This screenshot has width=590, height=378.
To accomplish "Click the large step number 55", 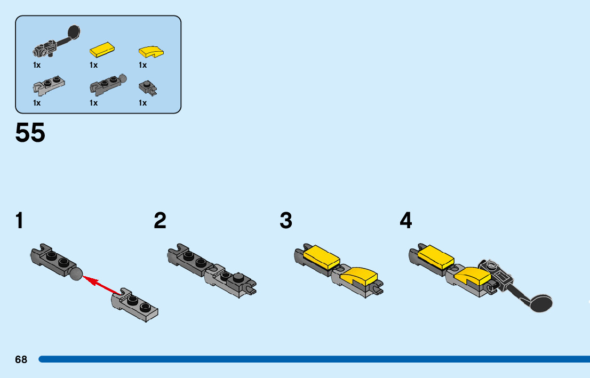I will (x=30, y=133).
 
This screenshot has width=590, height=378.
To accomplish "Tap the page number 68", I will (x=21, y=360).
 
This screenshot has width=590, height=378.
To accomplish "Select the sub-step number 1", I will (x=20, y=221).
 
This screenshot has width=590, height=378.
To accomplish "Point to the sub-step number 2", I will (x=160, y=221).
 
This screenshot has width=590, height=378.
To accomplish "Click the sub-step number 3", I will (x=286, y=221).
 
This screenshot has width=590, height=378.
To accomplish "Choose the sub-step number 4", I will (x=406, y=221).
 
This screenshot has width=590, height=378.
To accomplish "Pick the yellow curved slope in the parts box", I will (x=152, y=52).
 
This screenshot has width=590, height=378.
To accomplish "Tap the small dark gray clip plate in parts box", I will (x=148, y=87).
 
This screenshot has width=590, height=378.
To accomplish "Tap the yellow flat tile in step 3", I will (x=322, y=257).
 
